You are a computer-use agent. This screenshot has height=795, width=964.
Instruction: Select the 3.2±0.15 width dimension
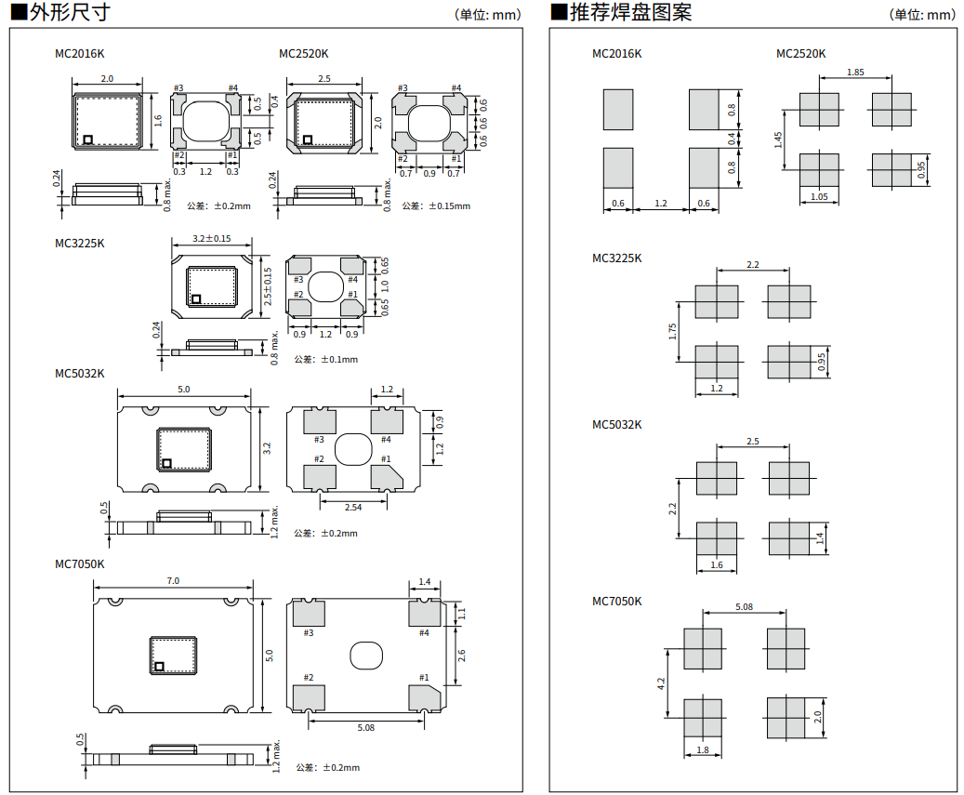211,239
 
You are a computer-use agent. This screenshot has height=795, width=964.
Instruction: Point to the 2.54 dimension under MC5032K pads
353,507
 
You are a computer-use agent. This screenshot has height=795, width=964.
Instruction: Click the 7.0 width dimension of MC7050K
173,581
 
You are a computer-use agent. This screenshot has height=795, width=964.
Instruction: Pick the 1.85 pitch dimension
856,73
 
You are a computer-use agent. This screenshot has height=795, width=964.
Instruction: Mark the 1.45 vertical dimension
778,139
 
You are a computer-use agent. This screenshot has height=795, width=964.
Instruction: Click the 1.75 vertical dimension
672,331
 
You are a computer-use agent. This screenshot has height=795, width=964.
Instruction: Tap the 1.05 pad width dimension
819,196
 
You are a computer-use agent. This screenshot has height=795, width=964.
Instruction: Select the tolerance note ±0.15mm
436,205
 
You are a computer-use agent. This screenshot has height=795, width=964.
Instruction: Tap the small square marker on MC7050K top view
160,666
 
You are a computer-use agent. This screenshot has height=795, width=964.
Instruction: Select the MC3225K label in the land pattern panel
617,258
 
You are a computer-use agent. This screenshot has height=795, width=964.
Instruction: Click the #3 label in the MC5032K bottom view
319,440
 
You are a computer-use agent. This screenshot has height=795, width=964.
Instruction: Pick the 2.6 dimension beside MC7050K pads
461,655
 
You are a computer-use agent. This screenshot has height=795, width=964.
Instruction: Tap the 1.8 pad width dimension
703,750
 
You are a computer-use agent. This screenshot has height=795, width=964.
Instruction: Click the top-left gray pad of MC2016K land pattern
618,110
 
